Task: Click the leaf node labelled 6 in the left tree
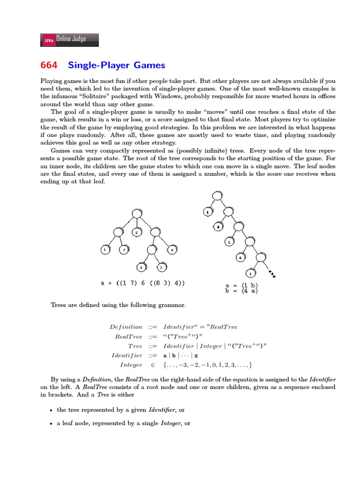136,232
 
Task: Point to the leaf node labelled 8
141,268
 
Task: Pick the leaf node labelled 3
161,268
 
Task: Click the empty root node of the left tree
136,214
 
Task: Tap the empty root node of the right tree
217,196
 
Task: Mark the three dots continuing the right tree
271,273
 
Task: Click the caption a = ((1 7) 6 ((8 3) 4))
142,283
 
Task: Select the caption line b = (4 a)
241,291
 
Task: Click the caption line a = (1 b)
241,285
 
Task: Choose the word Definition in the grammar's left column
126,327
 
